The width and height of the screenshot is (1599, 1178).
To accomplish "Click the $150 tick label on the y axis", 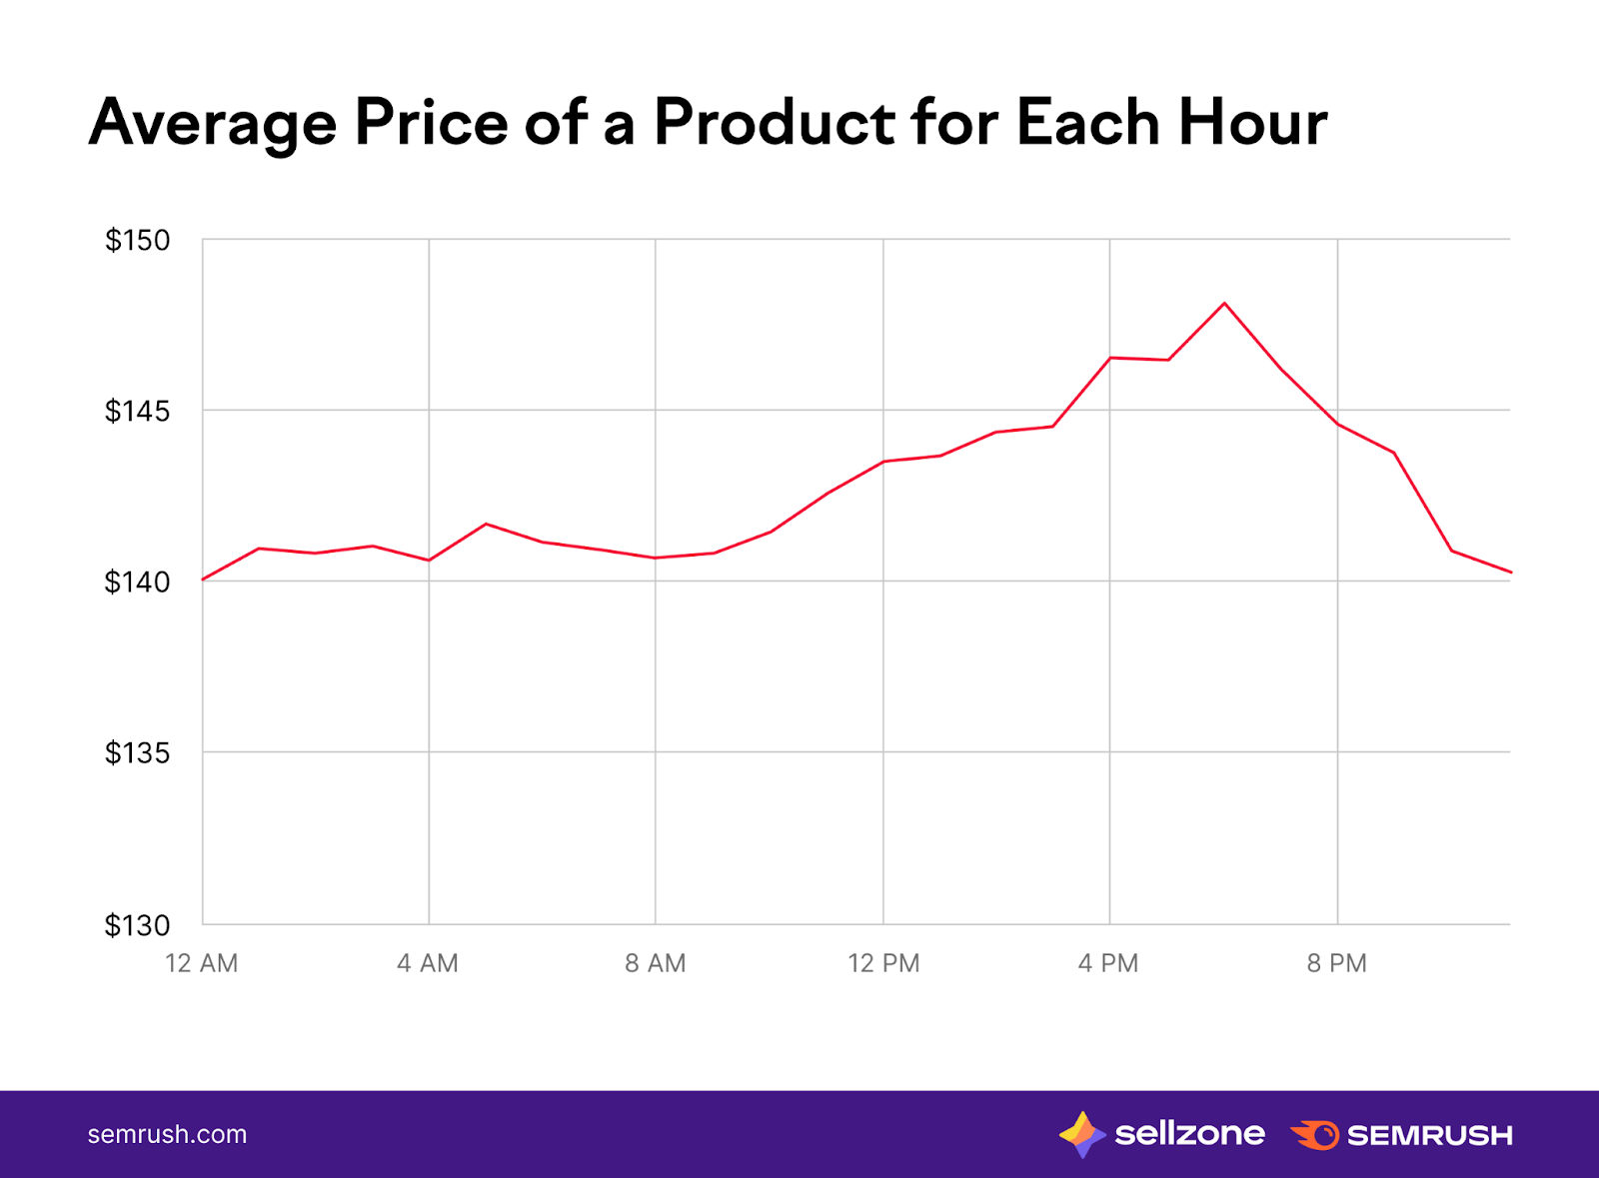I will point(138,241).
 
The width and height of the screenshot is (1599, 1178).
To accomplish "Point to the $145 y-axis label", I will point(138,411).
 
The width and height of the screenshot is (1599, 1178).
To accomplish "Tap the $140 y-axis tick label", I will point(138,582).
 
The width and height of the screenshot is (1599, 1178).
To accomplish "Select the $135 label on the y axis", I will point(138,752).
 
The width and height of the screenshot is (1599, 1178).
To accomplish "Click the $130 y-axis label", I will point(138,925).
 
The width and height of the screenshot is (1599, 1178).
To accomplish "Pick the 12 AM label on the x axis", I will point(202,963).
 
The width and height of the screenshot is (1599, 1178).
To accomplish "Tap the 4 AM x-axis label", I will point(428,963).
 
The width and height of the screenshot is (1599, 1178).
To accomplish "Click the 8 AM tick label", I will point(656,963).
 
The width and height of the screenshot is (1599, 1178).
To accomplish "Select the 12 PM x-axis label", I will point(883,963).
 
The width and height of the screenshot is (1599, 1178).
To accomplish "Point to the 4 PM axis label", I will point(1108,963).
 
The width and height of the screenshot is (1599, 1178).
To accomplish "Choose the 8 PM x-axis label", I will point(1337,963).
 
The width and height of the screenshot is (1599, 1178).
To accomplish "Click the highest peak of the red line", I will point(1224,303).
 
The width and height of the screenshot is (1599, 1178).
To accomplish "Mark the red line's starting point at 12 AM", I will point(203,580).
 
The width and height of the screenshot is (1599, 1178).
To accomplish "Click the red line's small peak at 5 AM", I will point(486,524).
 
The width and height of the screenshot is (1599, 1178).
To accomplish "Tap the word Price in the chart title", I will point(432,123).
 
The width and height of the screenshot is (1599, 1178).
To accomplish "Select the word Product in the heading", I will point(774,123).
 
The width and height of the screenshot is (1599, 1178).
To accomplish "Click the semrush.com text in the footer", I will point(167,1134).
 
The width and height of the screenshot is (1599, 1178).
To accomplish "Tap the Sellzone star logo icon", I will point(1081,1134).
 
